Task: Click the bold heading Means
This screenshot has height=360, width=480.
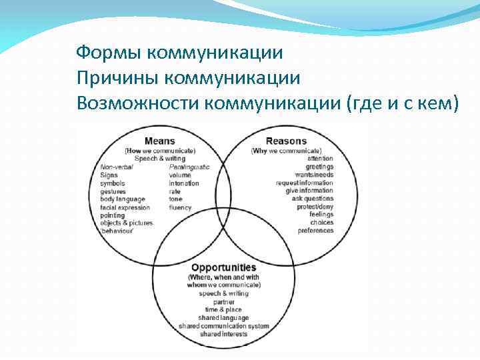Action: [160, 141]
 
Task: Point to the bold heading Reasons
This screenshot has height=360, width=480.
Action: [286, 141]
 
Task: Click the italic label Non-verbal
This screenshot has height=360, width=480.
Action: [117, 166]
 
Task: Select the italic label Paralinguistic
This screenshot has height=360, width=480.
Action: [189, 166]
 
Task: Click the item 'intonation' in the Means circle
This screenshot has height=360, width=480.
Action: [184, 183]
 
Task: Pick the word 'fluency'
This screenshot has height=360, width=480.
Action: [180, 207]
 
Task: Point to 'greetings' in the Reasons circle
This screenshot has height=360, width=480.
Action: [321, 166]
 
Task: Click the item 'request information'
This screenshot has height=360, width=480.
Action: [305, 183]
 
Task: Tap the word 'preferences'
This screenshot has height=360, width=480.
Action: [315, 231]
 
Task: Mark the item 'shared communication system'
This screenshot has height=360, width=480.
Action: [224, 326]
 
